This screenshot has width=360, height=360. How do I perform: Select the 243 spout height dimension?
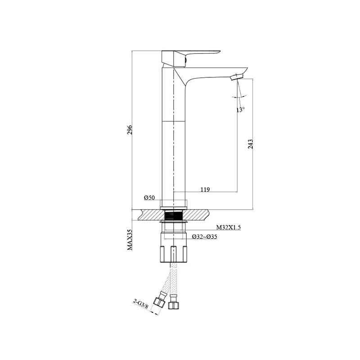(251, 144)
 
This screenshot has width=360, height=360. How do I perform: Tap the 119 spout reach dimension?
(205, 189)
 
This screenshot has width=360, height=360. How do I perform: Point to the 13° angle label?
(240, 109)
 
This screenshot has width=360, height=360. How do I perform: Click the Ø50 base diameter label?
(149, 198)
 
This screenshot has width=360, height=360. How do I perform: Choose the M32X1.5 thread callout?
(229, 227)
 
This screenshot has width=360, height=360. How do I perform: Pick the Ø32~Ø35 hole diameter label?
(205, 237)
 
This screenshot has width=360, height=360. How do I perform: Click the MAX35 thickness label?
(130, 239)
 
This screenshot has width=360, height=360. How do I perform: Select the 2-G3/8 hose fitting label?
(141, 303)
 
